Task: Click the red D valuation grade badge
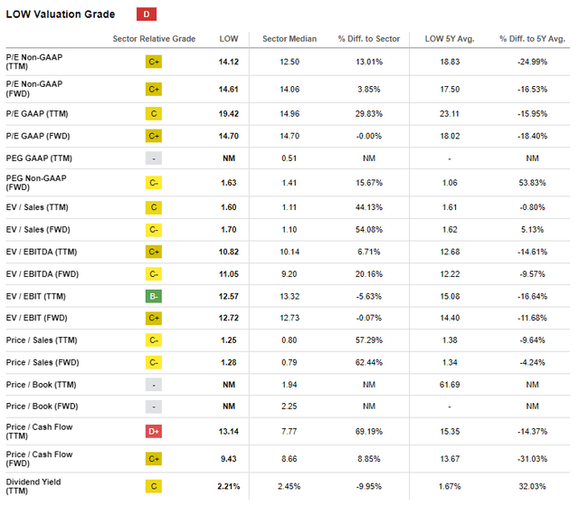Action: (x=146, y=14)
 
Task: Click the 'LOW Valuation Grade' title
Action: (x=61, y=14)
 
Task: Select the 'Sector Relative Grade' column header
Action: (x=154, y=38)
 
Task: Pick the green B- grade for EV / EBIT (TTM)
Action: (x=154, y=296)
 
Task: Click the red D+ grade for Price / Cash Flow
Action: (x=154, y=432)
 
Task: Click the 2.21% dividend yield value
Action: (x=229, y=486)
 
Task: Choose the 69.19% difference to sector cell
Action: (x=361, y=432)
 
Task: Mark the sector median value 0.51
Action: (x=287, y=158)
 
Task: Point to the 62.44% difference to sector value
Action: (x=361, y=363)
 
